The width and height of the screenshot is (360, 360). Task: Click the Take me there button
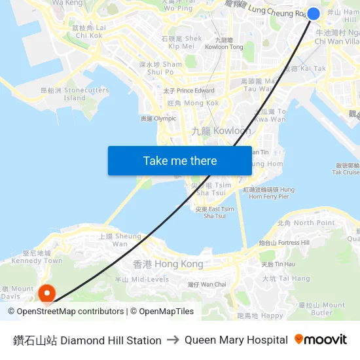coord(180,160)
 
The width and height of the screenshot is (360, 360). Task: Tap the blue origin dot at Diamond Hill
coord(314,14)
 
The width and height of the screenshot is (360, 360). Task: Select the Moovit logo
coord(321,340)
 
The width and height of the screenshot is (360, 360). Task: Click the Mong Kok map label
coord(184,103)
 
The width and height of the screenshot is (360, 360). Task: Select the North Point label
coord(306,223)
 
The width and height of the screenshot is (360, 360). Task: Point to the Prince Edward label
coord(189,90)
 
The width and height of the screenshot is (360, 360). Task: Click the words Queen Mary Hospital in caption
coord(236,340)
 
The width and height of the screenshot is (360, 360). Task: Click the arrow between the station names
coord(173,340)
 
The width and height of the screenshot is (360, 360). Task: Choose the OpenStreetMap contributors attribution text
coord(70,312)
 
